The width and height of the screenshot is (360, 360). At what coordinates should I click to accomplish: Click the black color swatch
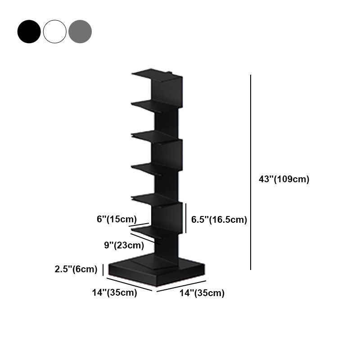click(29, 31)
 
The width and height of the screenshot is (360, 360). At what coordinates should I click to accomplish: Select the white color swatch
click(54, 31)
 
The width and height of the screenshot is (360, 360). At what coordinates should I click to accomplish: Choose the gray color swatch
click(80, 31)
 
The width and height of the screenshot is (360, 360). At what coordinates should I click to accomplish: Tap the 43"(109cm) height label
click(284, 179)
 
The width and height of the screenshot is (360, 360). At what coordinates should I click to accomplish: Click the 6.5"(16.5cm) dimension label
click(219, 220)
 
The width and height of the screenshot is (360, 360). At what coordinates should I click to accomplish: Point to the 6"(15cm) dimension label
click(117, 219)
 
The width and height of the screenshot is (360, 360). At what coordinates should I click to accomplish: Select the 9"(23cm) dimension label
click(124, 245)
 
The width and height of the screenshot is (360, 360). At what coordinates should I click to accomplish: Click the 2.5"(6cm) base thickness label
click(76, 270)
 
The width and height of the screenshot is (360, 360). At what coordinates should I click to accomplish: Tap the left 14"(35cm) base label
click(115, 292)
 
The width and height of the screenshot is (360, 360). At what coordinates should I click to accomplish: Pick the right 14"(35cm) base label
click(202, 293)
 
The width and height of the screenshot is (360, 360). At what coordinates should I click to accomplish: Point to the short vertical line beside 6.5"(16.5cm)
click(186, 218)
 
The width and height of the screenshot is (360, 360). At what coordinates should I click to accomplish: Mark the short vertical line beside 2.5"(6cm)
click(103, 270)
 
